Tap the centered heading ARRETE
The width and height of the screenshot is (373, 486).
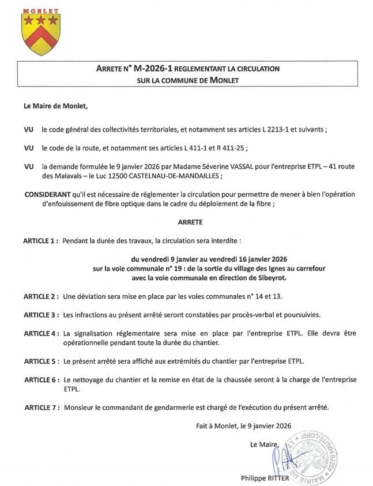187,221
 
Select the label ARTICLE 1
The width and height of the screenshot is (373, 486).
40,239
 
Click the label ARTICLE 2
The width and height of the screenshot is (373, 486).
40,296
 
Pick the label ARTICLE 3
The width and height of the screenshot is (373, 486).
40,315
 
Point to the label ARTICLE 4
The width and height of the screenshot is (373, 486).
40,333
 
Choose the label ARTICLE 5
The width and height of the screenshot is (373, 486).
40,361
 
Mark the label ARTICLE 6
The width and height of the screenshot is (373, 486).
40,379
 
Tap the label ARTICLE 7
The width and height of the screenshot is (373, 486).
40,408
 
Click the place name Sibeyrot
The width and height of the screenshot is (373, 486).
272,277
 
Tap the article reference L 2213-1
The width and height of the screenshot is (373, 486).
281,129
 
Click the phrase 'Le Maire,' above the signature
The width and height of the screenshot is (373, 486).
264,444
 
